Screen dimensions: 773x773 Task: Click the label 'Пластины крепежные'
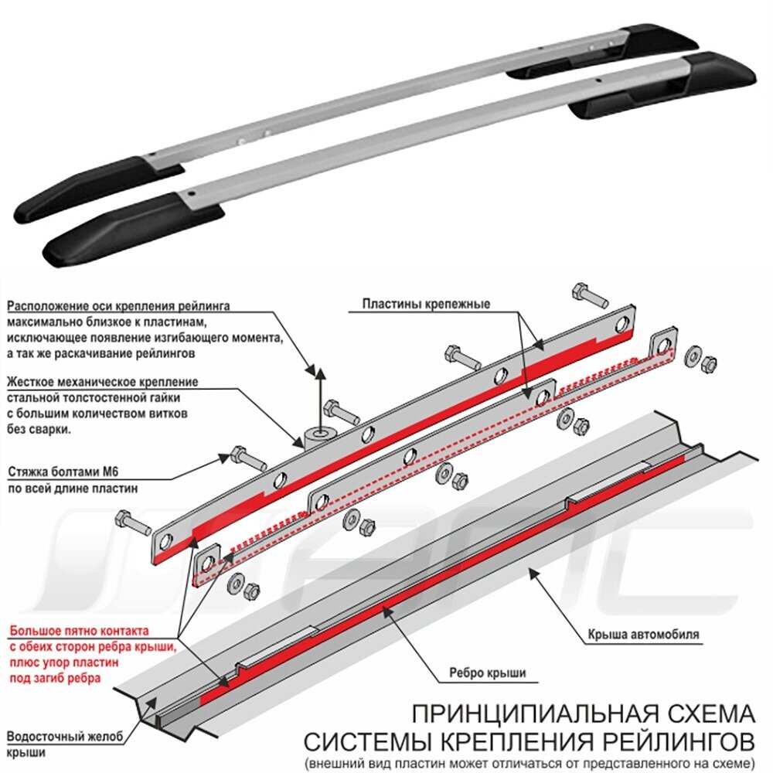tap(426, 304)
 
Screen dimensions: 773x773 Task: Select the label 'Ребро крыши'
tap(488, 673)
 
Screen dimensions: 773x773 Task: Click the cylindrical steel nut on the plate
tap(317, 438)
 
